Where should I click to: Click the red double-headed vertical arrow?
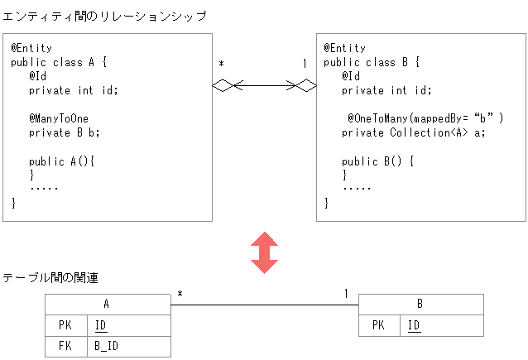pyautogui.click(x=264, y=252)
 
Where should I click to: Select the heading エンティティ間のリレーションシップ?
pyautogui.click(x=104, y=16)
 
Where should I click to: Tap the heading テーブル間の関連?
pyautogui.click(x=50, y=278)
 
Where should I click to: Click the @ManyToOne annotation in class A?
pyautogui.click(x=59, y=118)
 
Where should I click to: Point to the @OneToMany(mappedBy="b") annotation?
pyautogui.click(x=425, y=118)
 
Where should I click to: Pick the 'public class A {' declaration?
pyautogui.click(x=59, y=62)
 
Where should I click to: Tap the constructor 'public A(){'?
pyautogui.click(x=62, y=161)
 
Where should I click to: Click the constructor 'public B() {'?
pyautogui.click(x=377, y=161)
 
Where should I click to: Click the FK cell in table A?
pyautogui.click(x=65, y=346)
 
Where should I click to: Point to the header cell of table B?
pyautogui.click(x=420, y=305)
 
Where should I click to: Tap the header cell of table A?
pyautogui.click(x=108, y=305)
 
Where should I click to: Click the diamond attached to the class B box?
pyautogui.click(x=306, y=84)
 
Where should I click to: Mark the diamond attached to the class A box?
pyautogui.click(x=223, y=84)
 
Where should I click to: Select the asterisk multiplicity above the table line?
pyautogui.click(x=180, y=295)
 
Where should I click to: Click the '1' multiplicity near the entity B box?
pyautogui.click(x=304, y=64)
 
